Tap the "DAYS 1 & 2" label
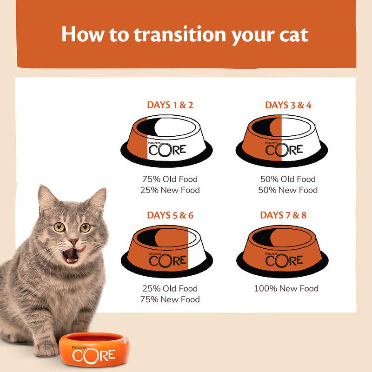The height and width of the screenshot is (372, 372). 170,105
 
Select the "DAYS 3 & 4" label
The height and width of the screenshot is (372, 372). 288,105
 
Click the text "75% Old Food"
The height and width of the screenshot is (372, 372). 170,179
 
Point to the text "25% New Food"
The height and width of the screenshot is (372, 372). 170,190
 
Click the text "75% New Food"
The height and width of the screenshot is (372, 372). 170,299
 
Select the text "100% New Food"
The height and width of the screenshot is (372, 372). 286,289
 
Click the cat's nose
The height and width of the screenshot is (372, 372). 73,242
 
